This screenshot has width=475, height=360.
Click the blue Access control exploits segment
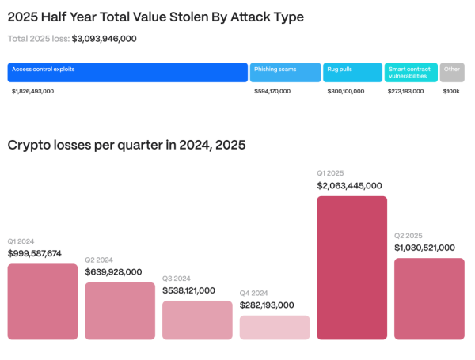click(x=127, y=73)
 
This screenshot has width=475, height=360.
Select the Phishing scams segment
click(x=285, y=73)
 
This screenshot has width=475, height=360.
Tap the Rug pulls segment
click(x=352, y=73)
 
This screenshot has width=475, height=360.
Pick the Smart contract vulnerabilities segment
click(x=410, y=73)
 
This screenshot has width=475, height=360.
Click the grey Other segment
click(x=452, y=73)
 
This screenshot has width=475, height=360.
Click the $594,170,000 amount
click(x=272, y=92)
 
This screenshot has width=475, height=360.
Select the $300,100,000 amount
click(x=345, y=92)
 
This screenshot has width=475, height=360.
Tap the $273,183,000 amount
click(x=405, y=92)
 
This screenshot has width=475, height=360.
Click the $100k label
click(x=451, y=92)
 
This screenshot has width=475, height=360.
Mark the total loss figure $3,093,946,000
click(x=115, y=38)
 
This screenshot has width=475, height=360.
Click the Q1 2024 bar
click(x=43, y=301)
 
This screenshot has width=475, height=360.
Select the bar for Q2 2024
click(x=120, y=311)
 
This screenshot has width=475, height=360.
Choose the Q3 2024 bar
click(x=197, y=320)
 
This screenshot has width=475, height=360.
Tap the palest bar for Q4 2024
click(x=275, y=328)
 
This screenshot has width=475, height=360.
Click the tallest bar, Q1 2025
click(x=352, y=268)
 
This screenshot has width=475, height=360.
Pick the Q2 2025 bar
click(x=429, y=299)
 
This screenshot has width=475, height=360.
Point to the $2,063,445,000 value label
click(x=349, y=186)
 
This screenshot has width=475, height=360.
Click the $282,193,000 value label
click(x=267, y=305)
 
